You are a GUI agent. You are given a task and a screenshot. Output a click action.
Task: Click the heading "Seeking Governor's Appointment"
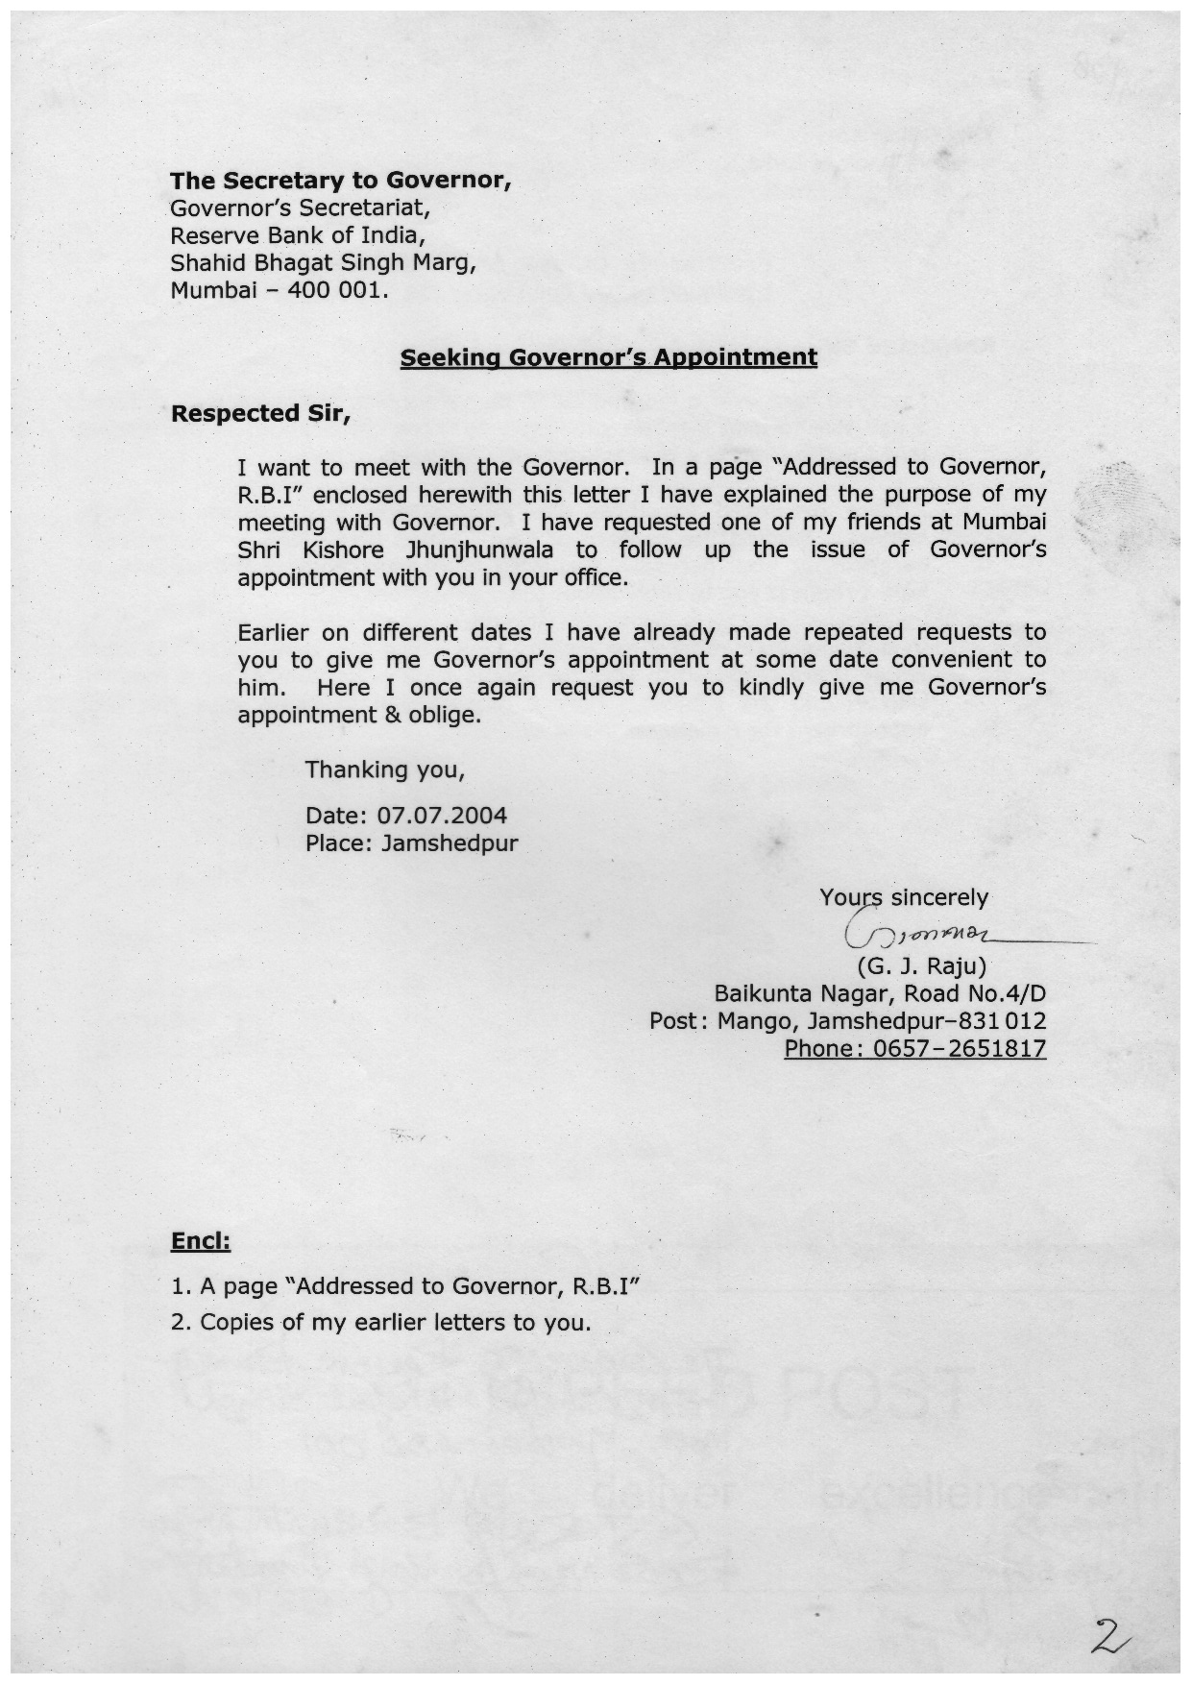[608, 357]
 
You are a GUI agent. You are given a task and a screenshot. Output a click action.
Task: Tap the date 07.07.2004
[442, 816]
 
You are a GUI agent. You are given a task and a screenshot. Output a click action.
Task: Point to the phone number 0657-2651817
[959, 1048]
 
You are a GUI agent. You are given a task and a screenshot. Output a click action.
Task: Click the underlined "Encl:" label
[200, 1241]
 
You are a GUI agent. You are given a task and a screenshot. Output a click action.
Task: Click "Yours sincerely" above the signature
[903, 897]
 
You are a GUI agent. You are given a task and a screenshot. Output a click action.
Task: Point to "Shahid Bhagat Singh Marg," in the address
[323, 262]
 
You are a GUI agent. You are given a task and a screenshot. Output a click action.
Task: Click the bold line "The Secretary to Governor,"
[340, 181]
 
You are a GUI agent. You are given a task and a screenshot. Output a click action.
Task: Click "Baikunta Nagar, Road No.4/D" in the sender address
[880, 993]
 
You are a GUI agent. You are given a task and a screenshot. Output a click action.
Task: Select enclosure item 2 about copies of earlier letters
[380, 1323]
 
